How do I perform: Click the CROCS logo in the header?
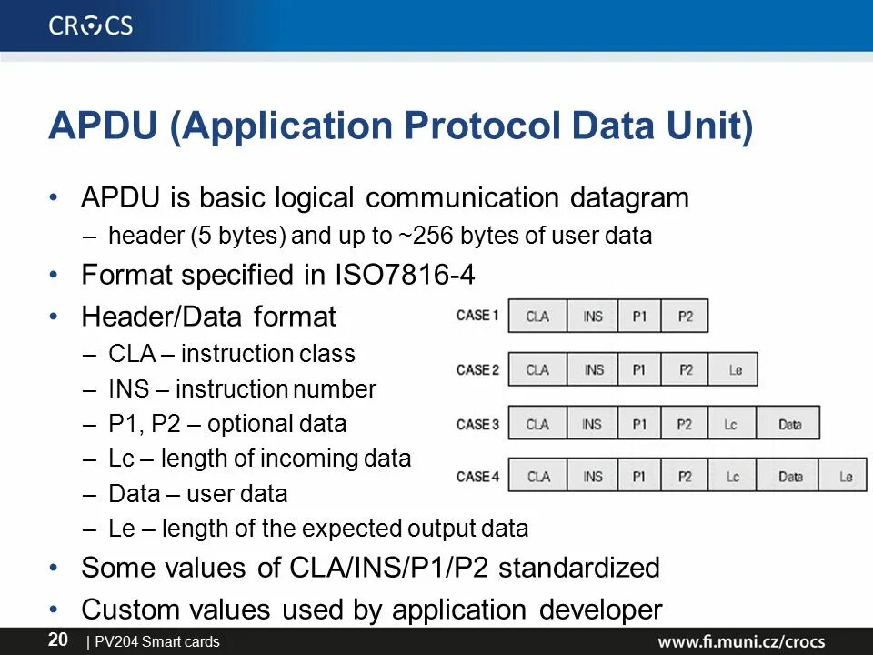pos(90,25)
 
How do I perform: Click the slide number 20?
pos(57,640)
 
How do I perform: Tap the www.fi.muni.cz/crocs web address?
pos(742,641)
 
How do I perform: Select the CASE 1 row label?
pos(477,316)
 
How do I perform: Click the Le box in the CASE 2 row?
pos(735,369)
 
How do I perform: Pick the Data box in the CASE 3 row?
pos(789,424)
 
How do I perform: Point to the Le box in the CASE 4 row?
pos(846,477)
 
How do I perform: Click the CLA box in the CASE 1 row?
pos(537,317)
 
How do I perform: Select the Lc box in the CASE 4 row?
pos(733,477)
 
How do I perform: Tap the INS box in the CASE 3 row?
pos(592,424)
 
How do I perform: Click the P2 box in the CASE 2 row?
pos(686,369)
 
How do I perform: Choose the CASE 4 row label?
pos(477,477)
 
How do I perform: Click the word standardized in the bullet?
pos(579,568)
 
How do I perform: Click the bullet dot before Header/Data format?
pos(56,317)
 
